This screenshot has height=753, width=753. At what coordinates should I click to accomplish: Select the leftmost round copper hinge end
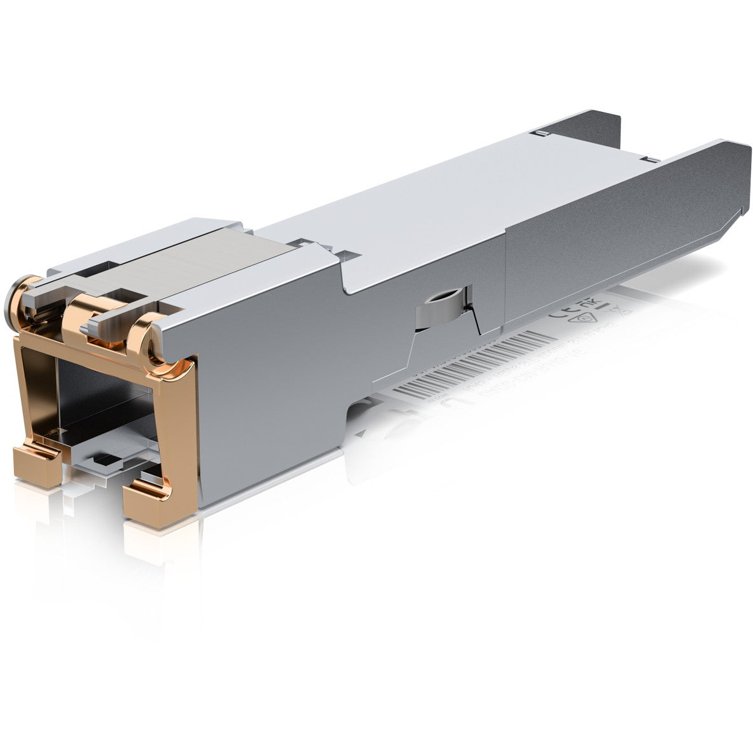[x=20, y=293]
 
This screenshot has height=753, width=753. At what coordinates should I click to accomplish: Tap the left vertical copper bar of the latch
[x=25, y=394]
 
